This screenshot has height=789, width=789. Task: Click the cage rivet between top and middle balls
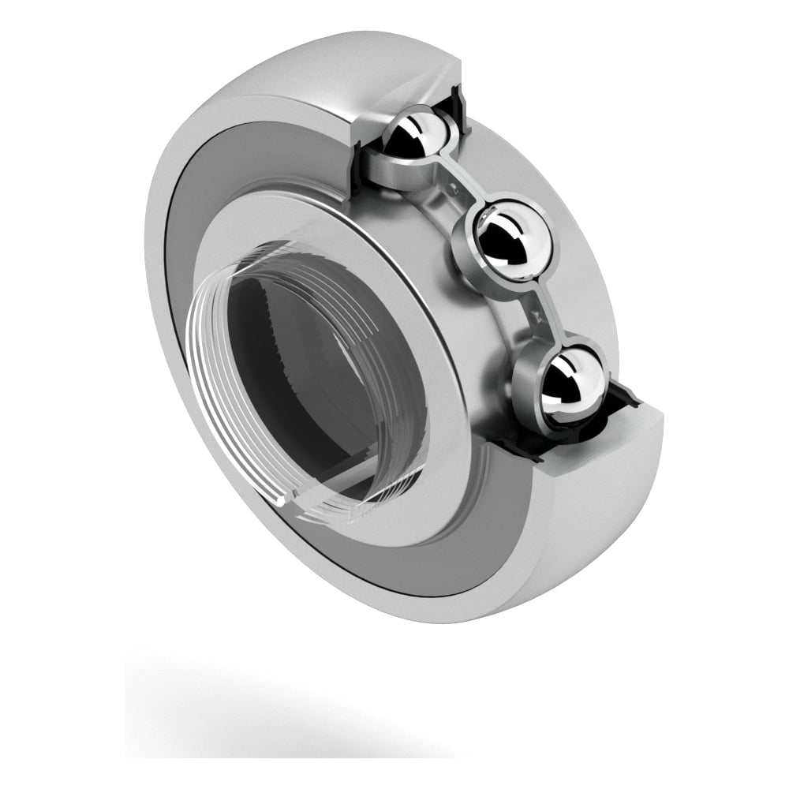456,187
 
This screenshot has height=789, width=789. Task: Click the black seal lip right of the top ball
458,103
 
